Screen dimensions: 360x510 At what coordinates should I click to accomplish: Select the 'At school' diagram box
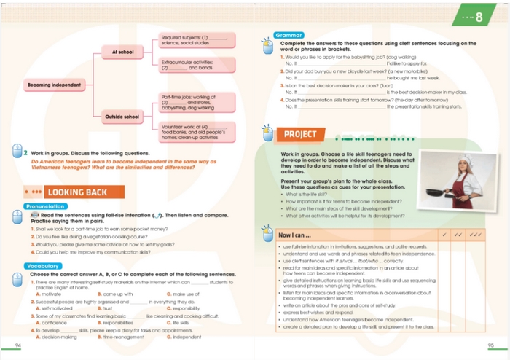pos(122,52)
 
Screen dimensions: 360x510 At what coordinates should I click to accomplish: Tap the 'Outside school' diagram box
pos(122,117)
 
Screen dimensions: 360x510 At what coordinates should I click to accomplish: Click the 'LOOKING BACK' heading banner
pos(76,192)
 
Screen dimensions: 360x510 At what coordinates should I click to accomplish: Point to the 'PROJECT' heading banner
pos(300,134)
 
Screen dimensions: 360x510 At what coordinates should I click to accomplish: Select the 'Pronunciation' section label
pos(45,206)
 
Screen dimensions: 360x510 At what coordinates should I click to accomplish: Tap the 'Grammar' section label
pos(289,35)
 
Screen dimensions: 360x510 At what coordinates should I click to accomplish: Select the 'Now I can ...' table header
pos(295,235)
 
